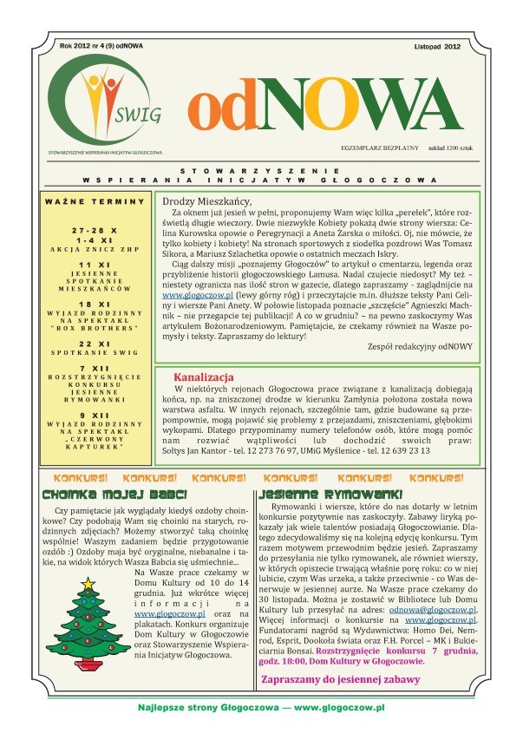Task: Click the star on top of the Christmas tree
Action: pyautogui.click(x=87, y=583)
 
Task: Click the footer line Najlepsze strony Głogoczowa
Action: pyautogui.click(x=260, y=708)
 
